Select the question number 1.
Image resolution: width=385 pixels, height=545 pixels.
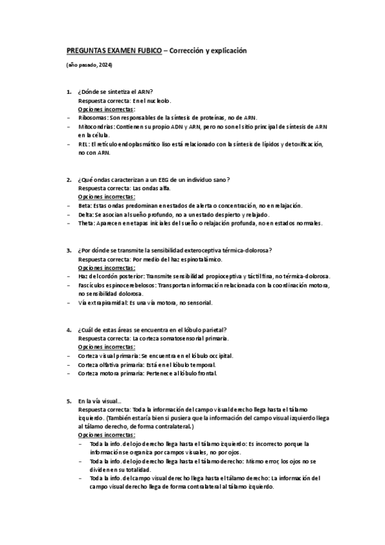pyautogui.click(x=69, y=93)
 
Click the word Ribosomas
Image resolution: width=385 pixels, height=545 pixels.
pyautogui.click(x=92, y=118)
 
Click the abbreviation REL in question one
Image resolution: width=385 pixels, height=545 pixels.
pyautogui.click(x=82, y=145)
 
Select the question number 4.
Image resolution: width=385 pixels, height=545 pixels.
pyautogui.click(x=69, y=329)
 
